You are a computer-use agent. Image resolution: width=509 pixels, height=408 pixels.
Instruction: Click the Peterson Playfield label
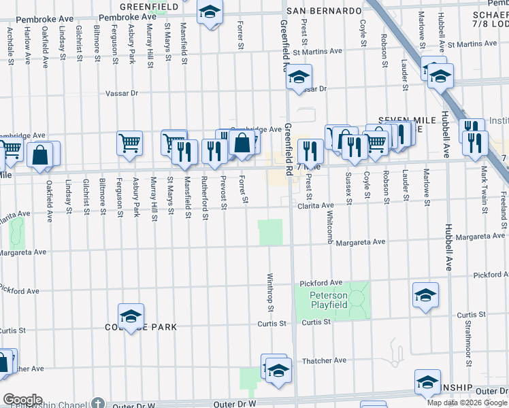click(x=329, y=300)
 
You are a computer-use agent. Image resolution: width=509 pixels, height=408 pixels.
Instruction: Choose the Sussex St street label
click(x=348, y=188)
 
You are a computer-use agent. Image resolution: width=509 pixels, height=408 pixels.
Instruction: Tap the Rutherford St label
click(x=206, y=198)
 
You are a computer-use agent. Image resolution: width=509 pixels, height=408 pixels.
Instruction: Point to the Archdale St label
click(x=10, y=42)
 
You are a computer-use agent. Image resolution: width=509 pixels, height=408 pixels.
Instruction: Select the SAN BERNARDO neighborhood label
click(x=323, y=11)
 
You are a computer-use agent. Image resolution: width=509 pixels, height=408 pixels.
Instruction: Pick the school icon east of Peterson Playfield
click(x=425, y=294)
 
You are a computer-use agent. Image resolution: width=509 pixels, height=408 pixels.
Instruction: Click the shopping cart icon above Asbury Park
click(x=129, y=143)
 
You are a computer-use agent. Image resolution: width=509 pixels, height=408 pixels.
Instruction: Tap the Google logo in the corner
click(x=22, y=400)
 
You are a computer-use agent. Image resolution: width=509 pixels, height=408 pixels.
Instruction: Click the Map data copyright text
click(x=467, y=403)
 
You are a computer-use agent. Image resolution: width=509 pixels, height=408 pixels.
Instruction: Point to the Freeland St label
click(x=503, y=205)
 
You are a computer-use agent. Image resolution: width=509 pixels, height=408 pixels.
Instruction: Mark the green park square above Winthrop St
click(x=270, y=233)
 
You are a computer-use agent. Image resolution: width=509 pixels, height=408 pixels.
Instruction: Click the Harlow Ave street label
click(x=28, y=46)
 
